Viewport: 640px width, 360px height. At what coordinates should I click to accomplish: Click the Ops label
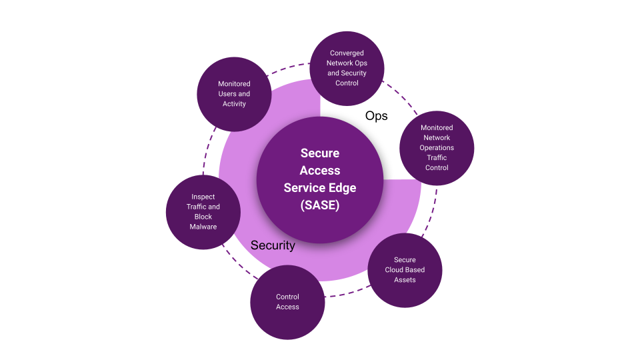click(x=376, y=116)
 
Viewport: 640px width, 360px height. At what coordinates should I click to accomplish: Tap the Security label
click(x=273, y=245)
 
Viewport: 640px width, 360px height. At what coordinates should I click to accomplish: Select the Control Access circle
click(x=287, y=302)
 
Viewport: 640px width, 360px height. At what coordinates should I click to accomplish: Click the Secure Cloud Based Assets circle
click(x=405, y=270)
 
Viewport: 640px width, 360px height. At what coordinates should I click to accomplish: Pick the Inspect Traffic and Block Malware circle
click(x=203, y=212)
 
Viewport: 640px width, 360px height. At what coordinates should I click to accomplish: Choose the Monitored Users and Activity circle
click(x=234, y=94)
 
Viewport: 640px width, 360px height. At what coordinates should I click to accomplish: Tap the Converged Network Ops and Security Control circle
click(x=347, y=68)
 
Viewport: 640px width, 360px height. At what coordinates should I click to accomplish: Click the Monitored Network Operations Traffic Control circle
click(x=437, y=147)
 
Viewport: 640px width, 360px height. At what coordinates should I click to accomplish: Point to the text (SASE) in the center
click(x=320, y=205)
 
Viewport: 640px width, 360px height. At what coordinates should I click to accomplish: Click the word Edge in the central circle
click(x=341, y=187)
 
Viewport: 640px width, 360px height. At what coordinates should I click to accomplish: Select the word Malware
click(x=203, y=227)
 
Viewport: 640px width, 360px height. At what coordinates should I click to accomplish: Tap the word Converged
click(x=347, y=53)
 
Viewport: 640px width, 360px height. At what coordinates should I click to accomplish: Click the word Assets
click(x=405, y=280)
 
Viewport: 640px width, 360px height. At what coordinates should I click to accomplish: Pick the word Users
click(x=227, y=94)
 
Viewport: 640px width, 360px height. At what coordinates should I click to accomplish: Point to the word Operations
click(x=437, y=147)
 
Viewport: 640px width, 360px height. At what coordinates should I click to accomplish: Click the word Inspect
click(x=203, y=197)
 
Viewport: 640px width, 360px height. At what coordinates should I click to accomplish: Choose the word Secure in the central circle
click(x=320, y=153)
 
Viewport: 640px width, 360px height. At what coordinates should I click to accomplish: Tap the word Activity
click(x=234, y=104)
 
